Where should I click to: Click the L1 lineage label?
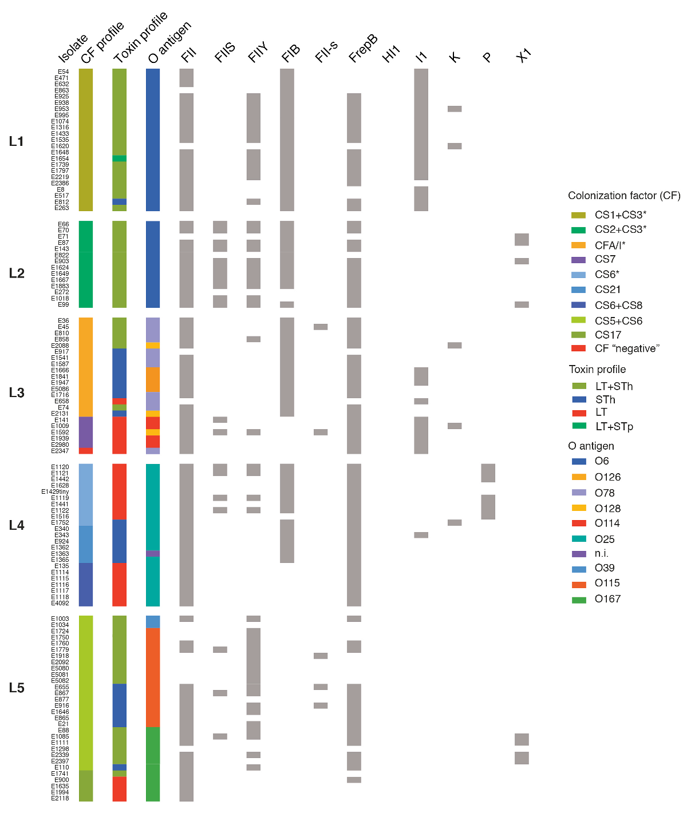tap(17, 141)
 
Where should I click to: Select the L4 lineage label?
tap(17, 525)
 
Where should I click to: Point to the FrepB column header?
tap(363, 49)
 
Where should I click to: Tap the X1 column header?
tap(523, 55)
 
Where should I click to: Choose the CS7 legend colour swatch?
tap(579, 260)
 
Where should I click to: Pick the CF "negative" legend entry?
tap(627, 348)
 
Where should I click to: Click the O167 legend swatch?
tap(579, 600)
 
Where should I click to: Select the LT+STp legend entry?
tap(614, 426)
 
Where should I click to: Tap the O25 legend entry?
tap(605, 539)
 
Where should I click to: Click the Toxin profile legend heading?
tap(597, 370)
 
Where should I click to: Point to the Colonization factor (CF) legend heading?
tap(624, 196)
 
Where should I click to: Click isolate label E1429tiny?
tap(55, 492)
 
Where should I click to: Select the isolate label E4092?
tap(60, 603)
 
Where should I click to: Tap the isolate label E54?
tap(63, 72)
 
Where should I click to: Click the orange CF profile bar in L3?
tap(86, 367)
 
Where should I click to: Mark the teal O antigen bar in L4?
tap(153, 506)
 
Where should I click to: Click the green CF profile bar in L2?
tap(86, 264)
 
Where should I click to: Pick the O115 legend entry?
tap(607, 583)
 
